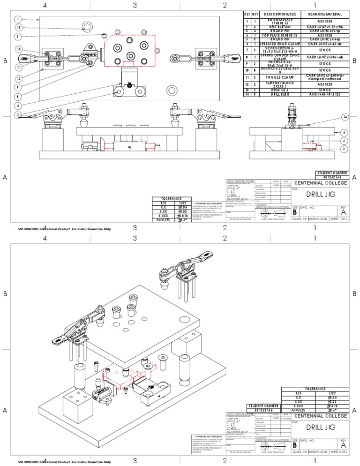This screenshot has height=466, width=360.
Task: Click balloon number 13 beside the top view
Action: (x=17, y=28)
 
